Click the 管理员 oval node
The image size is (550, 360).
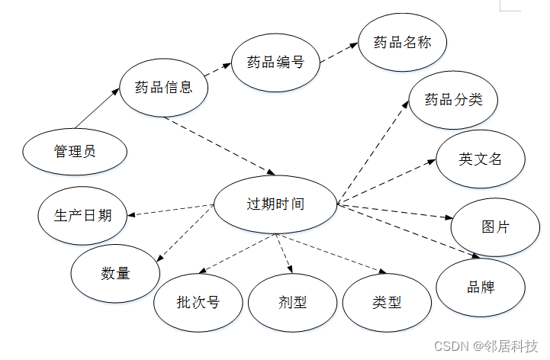pos(74,151)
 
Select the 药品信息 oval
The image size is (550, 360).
pos(163,87)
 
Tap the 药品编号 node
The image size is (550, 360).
pos(275,63)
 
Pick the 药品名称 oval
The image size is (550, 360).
pos(403,43)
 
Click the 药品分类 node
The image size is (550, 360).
pos(453,100)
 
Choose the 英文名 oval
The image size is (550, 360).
pos(481,159)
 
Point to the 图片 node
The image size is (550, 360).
pos(495,227)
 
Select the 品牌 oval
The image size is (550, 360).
pos(481,288)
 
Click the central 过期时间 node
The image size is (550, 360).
pos(275,204)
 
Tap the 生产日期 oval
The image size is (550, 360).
pos(84,215)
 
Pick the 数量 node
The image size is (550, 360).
pos(115,273)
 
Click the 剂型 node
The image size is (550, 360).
pos(292,303)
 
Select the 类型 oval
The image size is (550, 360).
pos(387,303)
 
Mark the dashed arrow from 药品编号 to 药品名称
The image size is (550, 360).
pos(339,52)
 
